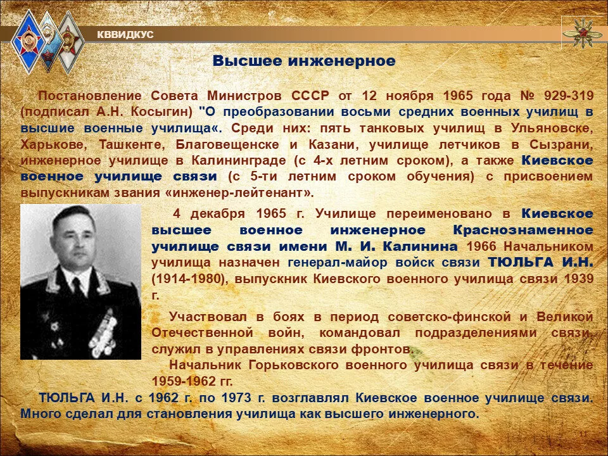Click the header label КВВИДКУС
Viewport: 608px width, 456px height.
[x=125, y=35]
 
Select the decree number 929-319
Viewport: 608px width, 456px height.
[x=569, y=96]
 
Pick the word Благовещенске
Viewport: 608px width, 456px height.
[x=227, y=144]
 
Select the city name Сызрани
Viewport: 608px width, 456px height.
[x=562, y=144]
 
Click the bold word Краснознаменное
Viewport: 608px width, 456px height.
[x=523, y=230]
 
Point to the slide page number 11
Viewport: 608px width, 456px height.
[x=583, y=434]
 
